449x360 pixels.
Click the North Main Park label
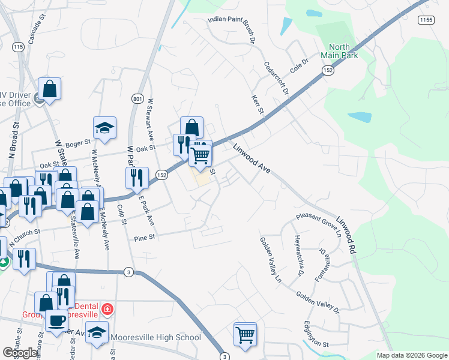pyautogui.click(x=343, y=52)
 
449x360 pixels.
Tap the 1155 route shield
pyautogui.click(x=427, y=20)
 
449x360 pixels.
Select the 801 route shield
pyautogui.click(x=137, y=99)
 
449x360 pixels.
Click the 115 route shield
pyautogui.click(x=18, y=47)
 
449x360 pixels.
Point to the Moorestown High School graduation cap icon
pyautogui.click(x=97, y=334)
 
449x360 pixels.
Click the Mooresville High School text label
pyautogui.click(x=156, y=337)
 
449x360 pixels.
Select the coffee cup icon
pyautogui.click(x=57, y=319)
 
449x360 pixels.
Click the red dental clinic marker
pyautogui.click(x=107, y=310)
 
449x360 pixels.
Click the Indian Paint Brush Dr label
pyautogui.click(x=232, y=22)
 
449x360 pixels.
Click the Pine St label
pyautogui.click(x=144, y=238)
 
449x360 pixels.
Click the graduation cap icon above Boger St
pyautogui.click(x=104, y=128)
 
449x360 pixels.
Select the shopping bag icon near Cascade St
pyautogui.click(x=50, y=89)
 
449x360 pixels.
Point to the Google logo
pyautogui.click(x=20, y=353)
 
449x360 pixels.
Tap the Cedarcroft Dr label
pyautogui.click(x=277, y=78)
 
